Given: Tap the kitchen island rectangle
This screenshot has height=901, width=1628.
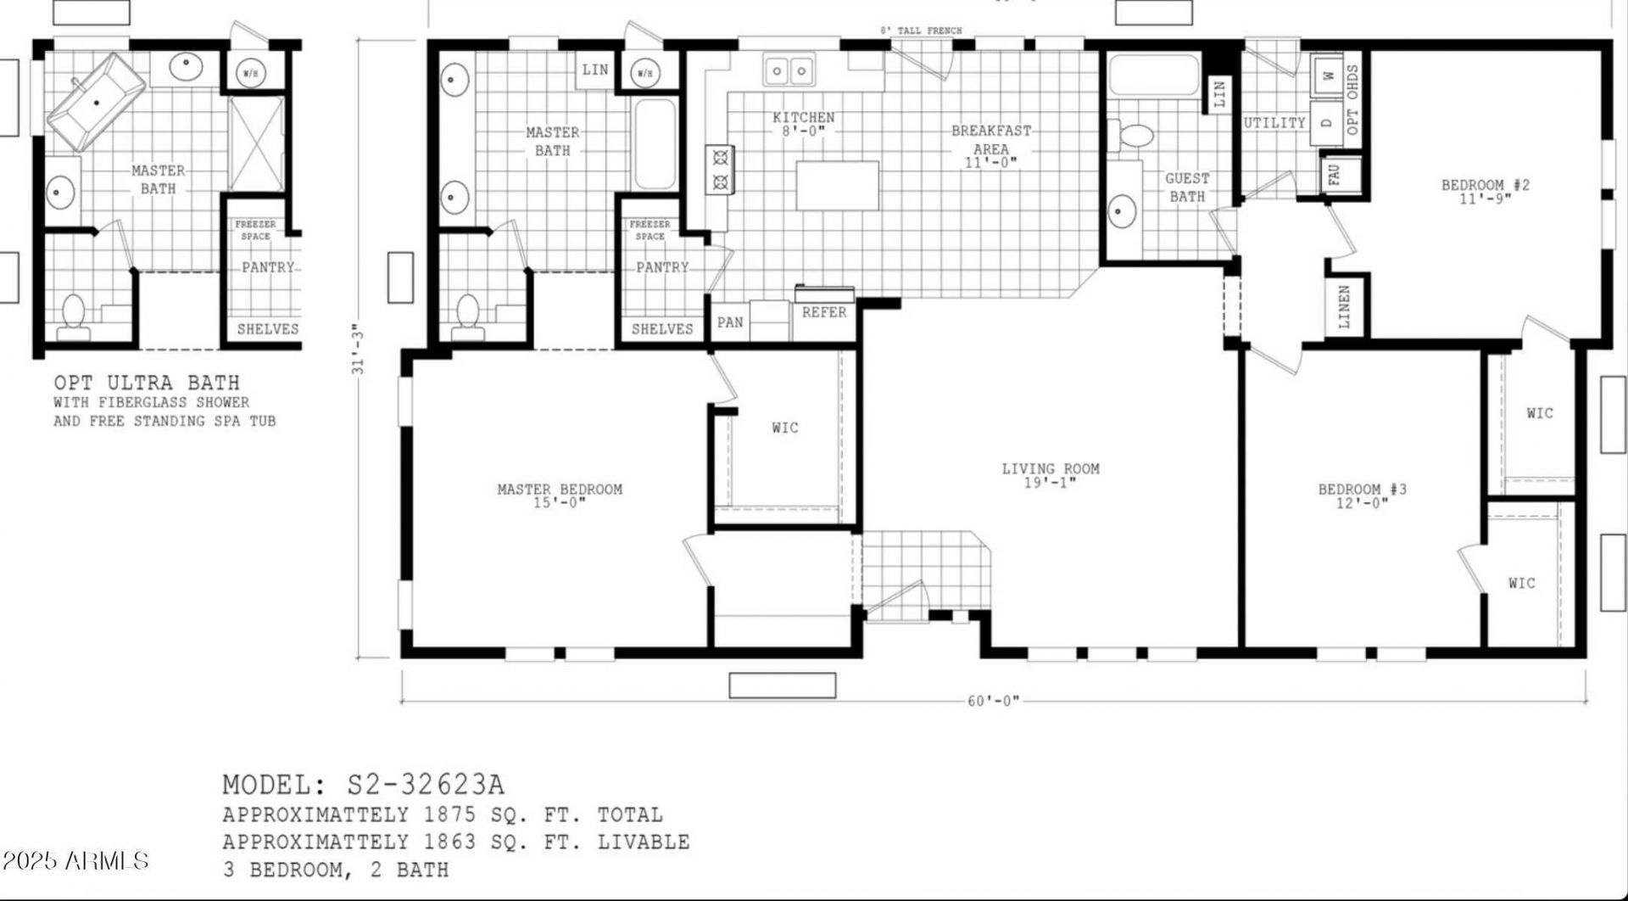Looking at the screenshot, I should click(x=837, y=186).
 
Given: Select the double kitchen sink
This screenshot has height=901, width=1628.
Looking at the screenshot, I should click(x=789, y=70).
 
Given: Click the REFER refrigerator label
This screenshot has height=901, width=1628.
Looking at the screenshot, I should click(x=823, y=313).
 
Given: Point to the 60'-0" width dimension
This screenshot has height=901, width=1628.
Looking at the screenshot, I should click(x=993, y=702).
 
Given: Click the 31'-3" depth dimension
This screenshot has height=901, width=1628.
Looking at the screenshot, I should click(x=360, y=349).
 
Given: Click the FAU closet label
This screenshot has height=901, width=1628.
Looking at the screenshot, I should click(x=1335, y=176).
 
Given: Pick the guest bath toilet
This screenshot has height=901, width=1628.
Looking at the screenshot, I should click(x=1134, y=136).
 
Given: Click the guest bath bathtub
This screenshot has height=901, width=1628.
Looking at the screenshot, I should click(x=1153, y=75).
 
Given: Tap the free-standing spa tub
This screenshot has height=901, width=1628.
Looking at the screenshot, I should click(x=96, y=101).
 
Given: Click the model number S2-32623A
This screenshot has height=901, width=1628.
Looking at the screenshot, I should click(x=425, y=785).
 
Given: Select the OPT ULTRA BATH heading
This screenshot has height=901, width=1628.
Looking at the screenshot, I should click(x=147, y=383).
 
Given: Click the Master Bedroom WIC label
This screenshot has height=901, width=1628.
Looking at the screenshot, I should click(x=784, y=428).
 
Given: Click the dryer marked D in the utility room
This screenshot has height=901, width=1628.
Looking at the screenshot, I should click(x=1327, y=123).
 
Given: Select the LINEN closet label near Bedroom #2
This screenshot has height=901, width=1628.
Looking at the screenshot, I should click(x=1344, y=306).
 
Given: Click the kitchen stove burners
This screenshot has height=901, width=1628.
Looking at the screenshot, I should click(x=720, y=169).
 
